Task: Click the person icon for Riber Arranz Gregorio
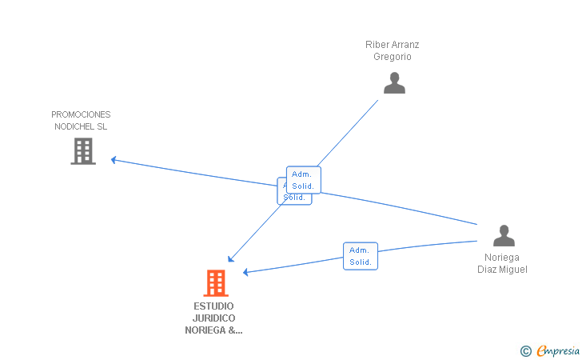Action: (394, 83)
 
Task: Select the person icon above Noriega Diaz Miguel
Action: (504, 236)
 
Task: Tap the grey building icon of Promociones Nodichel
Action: (83, 150)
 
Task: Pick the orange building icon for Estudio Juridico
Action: (215, 282)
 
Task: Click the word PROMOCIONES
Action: (81, 114)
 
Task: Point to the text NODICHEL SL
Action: (81, 126)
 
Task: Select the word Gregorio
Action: (392, 56)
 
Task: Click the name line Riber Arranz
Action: (392, 45)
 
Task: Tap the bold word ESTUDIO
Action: (213, 306)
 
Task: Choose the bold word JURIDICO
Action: (213, 318)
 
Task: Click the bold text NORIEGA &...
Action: (213, 330)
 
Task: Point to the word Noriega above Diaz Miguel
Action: (502, 258)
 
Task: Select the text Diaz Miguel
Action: (502, 270)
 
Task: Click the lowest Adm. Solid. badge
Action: (360, 256)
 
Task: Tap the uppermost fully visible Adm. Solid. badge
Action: (304, 180)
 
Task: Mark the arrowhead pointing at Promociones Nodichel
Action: (114, 159)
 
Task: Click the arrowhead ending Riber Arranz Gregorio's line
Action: (230, 258)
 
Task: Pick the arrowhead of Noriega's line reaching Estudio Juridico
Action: (246, 272)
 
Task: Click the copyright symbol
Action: (525, 350)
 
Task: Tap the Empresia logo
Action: (558, 350)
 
